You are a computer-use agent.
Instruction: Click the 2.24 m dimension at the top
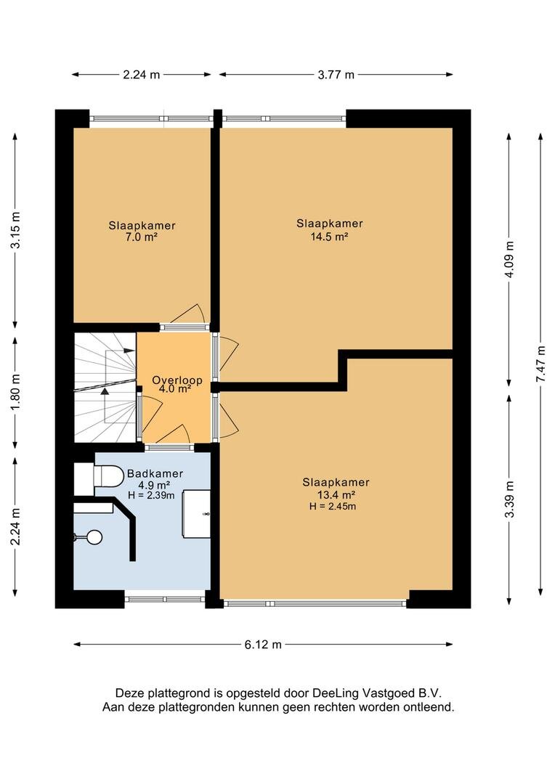pyautogui.click(x=142, y=75)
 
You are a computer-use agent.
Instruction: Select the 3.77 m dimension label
pyautogui.click(x=336, y=75)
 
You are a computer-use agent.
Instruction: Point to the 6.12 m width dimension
pyautogui.click(x=263, y=645)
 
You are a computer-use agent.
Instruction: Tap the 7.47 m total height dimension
pyautogui.click(x=540, y=364)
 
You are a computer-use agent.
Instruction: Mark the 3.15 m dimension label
pyautogui.click(x=15, y=230)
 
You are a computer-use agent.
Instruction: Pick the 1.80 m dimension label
pyautogui.click(x=15, y=393)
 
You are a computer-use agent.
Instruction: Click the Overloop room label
pyautogui.click(x=177, y=380)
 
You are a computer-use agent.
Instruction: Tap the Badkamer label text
pyautogui.click(x=155, y=473)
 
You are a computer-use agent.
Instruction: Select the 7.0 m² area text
pyautogui.click(x=142, y=237)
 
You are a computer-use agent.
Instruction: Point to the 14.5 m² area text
pyautogui.click(x=329, y=237)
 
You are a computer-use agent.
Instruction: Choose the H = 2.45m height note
pyautogui.click(x=333, y=506)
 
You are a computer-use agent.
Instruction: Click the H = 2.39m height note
pyautogui.click(x=152, y=496)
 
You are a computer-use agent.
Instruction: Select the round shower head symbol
pyautogui.click(x=94, y=537)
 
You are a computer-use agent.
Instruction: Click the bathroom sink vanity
pyautogui.click(x=196, y=514)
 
